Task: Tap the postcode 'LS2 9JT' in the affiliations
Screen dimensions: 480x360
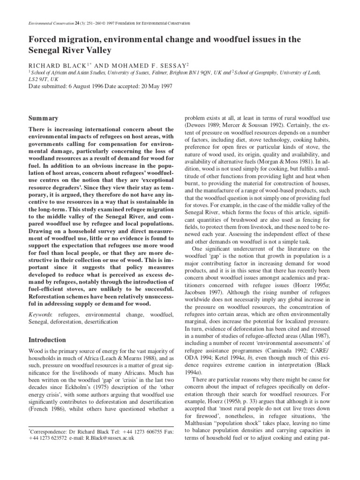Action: (x=39, y=80)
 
